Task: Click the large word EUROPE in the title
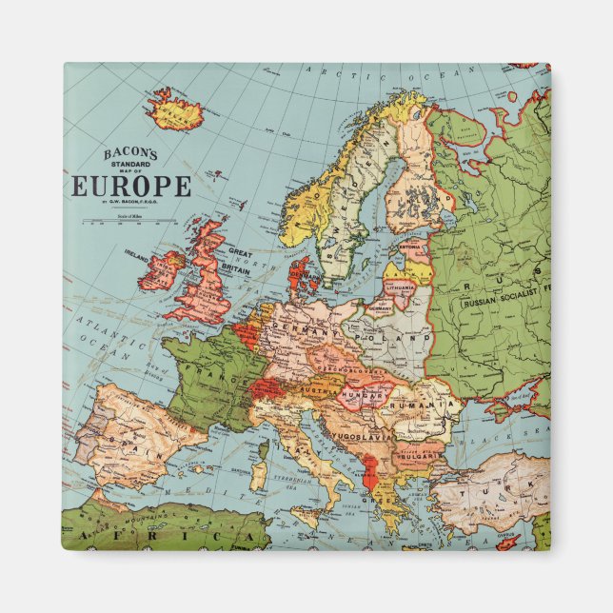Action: coord(131,186)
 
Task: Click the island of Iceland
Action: coord(176,110)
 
